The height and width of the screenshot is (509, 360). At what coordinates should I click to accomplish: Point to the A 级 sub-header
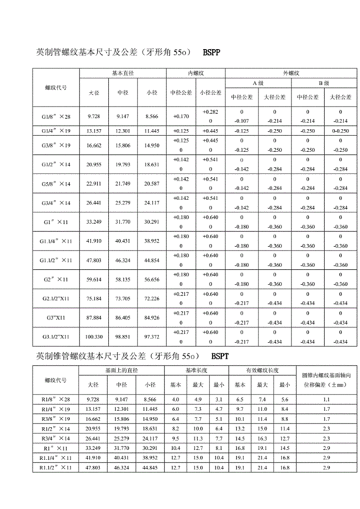click(257, 84)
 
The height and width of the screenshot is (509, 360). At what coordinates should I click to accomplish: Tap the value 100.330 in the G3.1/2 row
click(94, 336)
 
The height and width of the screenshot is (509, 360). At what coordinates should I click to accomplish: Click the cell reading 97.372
click(151, 336)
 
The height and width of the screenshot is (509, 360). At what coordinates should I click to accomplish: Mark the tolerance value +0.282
click(210, 112)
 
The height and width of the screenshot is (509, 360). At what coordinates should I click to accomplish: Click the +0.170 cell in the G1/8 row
click(180, 116)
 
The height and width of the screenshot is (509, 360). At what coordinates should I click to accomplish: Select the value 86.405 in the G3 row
click(123, 317)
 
